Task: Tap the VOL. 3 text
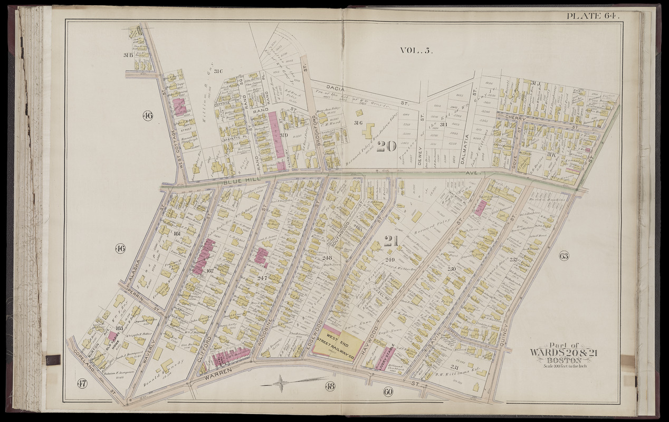[x=415, y=51]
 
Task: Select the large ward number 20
[x=387, y=146]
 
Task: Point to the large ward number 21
[x=390, y=241]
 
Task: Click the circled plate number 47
[x=82, y=383]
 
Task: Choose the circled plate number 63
[x=564, y=257]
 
